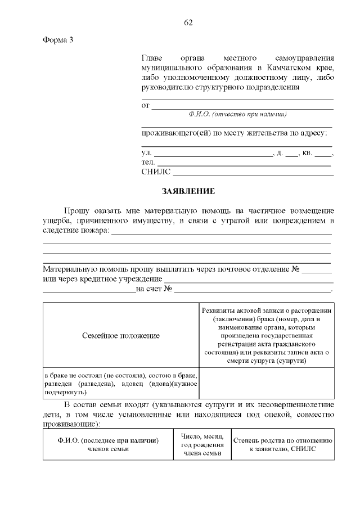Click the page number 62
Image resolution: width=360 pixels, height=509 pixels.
(188, 22)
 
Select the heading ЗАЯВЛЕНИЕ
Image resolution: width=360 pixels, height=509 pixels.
(188, 191)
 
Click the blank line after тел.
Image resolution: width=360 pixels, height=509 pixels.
(243, 163)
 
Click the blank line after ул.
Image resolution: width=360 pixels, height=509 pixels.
(213, 154)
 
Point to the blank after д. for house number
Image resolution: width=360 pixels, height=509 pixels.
(292, 154)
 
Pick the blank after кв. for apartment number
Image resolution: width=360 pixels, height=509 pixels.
(323, 154)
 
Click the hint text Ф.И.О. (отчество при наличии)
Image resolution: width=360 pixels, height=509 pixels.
(238, 114)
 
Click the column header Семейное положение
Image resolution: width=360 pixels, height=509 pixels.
(120, 335)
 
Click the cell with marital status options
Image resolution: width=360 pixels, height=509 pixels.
(120, 383)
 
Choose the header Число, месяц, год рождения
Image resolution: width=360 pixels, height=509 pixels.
(202, 444)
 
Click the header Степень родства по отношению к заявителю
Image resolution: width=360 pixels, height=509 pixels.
(283, 444)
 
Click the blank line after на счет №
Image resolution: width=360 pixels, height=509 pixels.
(253, 290)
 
